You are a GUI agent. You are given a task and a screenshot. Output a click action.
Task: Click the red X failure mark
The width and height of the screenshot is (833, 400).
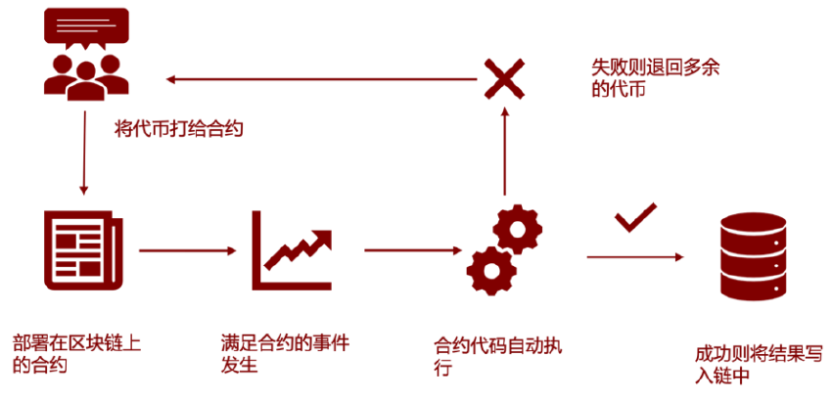pos(503,78)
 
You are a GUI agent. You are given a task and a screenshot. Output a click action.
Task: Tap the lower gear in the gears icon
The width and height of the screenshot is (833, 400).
pos(489,267)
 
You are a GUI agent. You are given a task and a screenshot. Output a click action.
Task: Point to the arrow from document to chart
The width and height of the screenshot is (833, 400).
pos(185,251)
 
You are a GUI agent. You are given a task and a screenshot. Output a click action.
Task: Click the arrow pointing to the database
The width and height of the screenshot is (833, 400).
pos(634,257)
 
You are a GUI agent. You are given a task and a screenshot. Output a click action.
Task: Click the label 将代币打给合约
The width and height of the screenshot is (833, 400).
pos(178,128)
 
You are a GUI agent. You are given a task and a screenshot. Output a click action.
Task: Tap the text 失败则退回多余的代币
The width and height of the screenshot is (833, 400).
pos(647,77)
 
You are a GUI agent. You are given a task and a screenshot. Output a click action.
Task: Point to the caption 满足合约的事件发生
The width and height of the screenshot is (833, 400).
pos(285,354)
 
